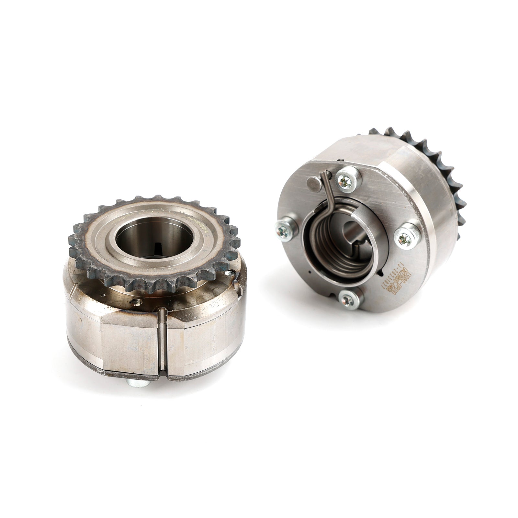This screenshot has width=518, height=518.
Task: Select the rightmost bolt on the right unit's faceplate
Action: coord(405,239)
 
